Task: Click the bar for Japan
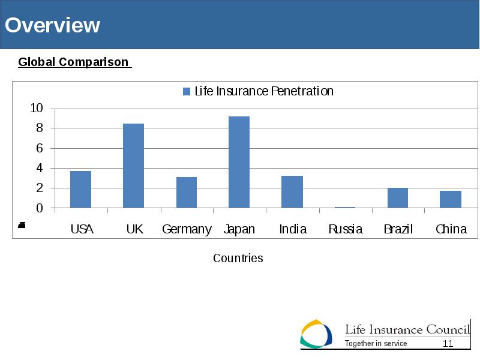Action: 239,162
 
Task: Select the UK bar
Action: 133,166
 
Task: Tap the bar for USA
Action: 80,190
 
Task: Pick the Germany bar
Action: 187,193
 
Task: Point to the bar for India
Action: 292,192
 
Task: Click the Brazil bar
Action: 398,198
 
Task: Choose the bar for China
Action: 451,200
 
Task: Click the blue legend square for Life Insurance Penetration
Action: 187,91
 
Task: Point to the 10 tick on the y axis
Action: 37,108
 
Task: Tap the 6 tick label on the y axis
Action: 40,148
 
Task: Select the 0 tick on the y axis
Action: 40,208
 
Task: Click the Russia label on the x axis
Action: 346,229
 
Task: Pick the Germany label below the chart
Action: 187,230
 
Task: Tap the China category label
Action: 451,229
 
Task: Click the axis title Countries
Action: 238,258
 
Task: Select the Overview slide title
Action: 52,25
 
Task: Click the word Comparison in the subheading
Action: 94,62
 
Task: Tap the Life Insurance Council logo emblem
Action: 316,334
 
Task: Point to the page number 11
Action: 448,343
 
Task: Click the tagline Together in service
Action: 376,343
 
